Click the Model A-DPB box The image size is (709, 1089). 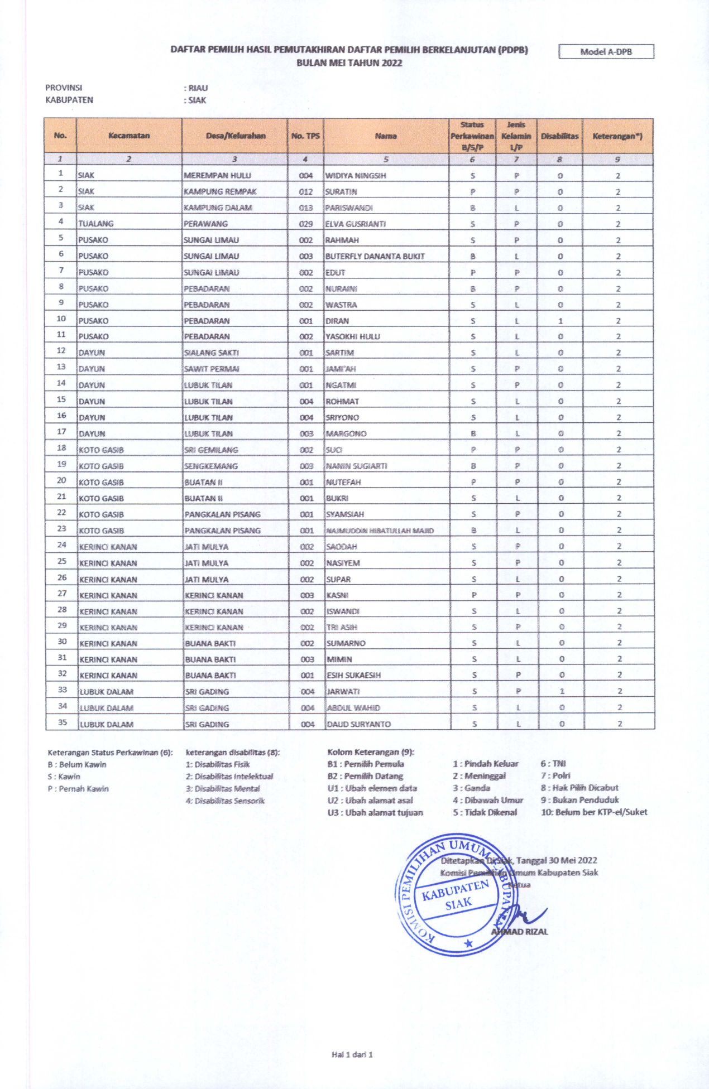(x=606, y=52)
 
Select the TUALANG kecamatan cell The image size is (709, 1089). (x=96, y=224)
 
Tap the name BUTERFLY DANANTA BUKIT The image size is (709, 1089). (x=375, y=256)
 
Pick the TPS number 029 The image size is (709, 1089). (x=306, y=224)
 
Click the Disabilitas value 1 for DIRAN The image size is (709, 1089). (x=560, y=321)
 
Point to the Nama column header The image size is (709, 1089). (x=386, y=136)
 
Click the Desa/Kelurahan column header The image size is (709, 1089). (x=235, y=136)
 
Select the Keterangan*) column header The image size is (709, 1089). (x=617, y=136)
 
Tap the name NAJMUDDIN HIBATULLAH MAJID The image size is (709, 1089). (x=380, y=531)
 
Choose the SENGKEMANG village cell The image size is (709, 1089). (x=211, y=466)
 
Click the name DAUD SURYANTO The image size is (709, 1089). (x=358, y=724)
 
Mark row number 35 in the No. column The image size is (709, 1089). (x=63, y=722)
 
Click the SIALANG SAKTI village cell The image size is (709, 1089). (x=212, y=353)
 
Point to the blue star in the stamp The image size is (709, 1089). (x=468, y=943)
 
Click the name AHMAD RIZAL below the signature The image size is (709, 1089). (x=520, y=932)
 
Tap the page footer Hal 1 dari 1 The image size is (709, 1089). (x=352, y=1054)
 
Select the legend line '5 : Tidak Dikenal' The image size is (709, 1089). (x=485, y=812)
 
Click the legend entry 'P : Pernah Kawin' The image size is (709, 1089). (x=78, y=789)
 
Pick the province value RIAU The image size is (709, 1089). (x=198, y=88)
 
